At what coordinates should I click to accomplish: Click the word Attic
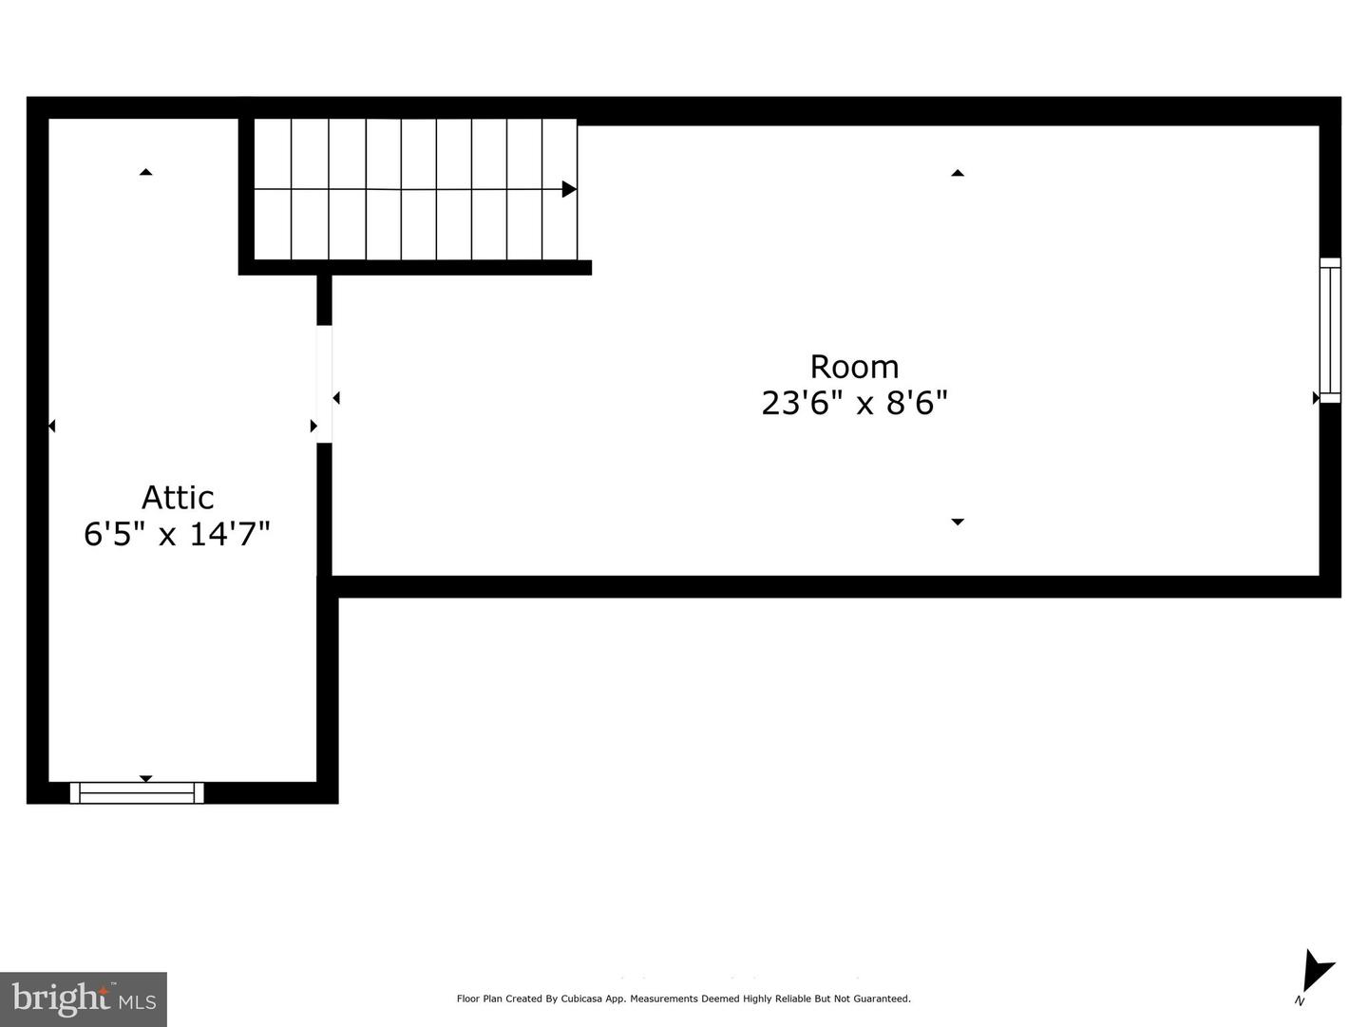point(178,498)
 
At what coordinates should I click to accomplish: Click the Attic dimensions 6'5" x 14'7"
point(178,534)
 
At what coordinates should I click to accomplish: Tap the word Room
point(854,367)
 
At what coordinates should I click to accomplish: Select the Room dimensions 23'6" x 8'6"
point(854,404)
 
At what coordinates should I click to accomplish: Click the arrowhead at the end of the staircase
point(569,189)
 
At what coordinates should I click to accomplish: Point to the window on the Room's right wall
point(1330,330)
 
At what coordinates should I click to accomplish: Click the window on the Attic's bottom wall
point(137,792)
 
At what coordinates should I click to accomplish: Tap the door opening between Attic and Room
point(324,384)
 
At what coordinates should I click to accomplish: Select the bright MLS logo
point(84,998)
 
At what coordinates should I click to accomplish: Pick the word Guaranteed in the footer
point(883,998)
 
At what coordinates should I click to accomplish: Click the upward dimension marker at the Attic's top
point(145,172)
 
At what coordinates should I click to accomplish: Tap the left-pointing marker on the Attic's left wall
point(51,426)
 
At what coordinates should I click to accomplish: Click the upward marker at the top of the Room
point(958,173)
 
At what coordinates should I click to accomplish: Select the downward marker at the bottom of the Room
point(958,522)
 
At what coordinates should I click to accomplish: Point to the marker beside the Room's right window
point(1316,398)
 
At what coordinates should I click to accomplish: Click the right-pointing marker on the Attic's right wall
point(313,426)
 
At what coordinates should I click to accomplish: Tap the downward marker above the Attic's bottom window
point(145,778)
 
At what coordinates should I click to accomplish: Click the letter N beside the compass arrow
point(1299,1000)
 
